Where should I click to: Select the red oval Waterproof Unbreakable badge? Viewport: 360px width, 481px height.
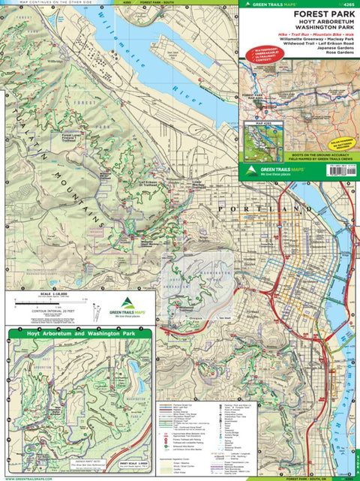tap(259, 68)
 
